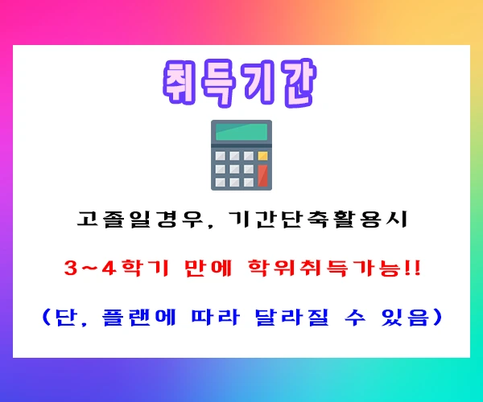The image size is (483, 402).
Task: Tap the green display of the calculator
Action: point(241,133)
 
